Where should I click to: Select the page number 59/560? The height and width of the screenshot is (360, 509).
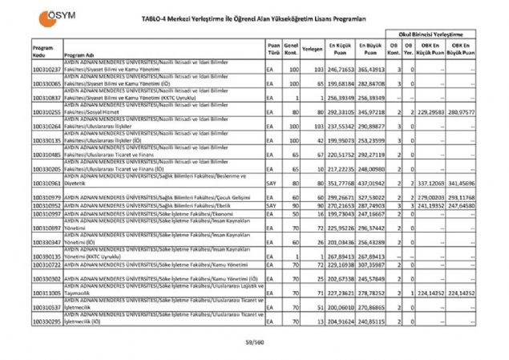(x=254, y=343)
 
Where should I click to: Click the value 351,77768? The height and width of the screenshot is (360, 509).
(x=338, y=184)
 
